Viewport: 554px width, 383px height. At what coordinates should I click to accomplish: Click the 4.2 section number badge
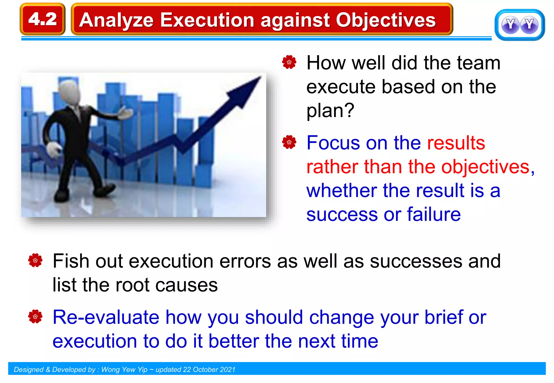coord(42,19)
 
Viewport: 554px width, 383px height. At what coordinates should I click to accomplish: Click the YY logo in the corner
coord(519,25)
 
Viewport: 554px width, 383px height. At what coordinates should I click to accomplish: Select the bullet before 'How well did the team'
coord(289,62)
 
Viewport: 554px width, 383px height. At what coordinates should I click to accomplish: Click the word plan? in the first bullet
coord(330,110)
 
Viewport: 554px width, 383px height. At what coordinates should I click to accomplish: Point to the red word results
coord(456,143)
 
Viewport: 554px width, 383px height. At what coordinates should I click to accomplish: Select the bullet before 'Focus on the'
coord(289,142)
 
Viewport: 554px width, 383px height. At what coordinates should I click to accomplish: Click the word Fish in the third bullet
coord(71,261)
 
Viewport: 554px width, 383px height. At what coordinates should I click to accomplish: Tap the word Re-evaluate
coord(106,317)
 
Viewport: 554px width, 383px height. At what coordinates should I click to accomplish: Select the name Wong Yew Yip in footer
coord(124,369)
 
